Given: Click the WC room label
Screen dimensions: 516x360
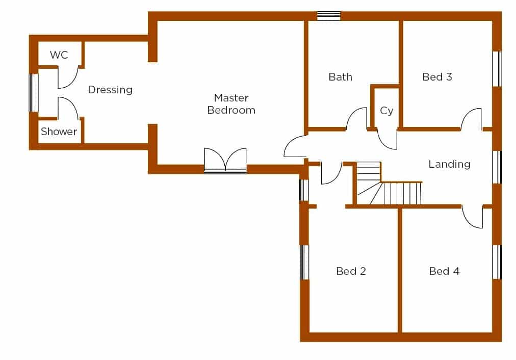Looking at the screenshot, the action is point(59,55).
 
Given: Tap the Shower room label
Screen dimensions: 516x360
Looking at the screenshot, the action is point(59,131).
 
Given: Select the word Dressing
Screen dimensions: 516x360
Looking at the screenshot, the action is point(110,90).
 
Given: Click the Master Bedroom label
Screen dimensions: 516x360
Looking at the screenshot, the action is point(231,104).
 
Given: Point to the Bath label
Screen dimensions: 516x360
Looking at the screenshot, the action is point(340,76).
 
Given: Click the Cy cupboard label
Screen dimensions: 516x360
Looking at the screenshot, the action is point(386,111).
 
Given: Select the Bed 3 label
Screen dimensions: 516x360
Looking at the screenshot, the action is point(437,76).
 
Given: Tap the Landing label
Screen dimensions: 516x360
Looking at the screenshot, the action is point(450,164).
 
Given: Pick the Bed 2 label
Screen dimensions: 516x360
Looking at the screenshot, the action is point(351,271).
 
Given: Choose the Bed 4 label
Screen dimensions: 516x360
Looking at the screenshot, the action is point(444,271).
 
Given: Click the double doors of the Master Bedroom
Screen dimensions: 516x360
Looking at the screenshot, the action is point(225,160).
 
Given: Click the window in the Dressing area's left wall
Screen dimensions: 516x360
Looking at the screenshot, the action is point(33,93).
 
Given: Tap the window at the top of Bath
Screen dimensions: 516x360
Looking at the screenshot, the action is point(328,16).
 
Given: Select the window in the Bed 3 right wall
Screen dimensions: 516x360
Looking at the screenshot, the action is point(497,69).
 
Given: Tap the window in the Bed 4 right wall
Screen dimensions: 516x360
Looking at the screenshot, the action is point(497,262).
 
